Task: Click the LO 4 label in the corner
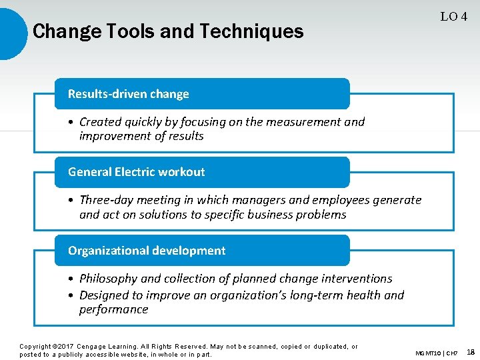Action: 453,17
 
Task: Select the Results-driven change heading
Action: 129,94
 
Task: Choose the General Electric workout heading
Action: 137,172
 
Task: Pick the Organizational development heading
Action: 147,251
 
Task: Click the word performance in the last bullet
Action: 113,309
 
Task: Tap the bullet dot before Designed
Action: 71,295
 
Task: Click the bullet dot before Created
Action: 71,122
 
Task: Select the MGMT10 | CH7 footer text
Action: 437,353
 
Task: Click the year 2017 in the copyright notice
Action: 64,347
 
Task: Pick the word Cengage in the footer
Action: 96,347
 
